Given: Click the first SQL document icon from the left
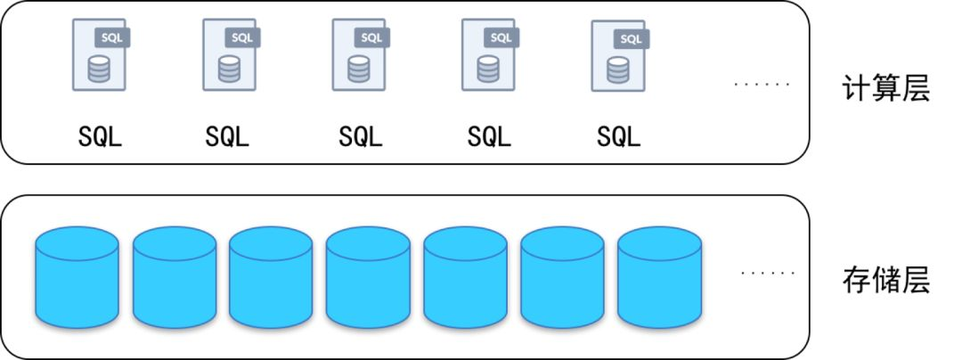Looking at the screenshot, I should pyautogui.click(x=99, y=56).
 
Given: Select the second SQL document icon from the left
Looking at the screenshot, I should pyautogui.click(x=229, y=56).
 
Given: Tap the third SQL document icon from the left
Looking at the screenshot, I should pyautogui.click(x=359, y=56).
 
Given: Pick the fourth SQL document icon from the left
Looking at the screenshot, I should pyautogui.click(x=488, y=56).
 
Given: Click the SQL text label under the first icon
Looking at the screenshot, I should pyautogui.click(x=99, y=137).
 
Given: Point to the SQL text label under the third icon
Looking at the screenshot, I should pyautogui.click(x=360, y=137).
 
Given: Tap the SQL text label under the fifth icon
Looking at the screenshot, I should pyautogui.click(x=619, y=137).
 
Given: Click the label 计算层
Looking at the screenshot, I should pyautogui.click(x=885, y=88).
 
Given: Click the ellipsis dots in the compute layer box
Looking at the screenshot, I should pyautogui.click(x=762, y=85).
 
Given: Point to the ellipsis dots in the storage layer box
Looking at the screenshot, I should pyautogui.click(x=765, y=273).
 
